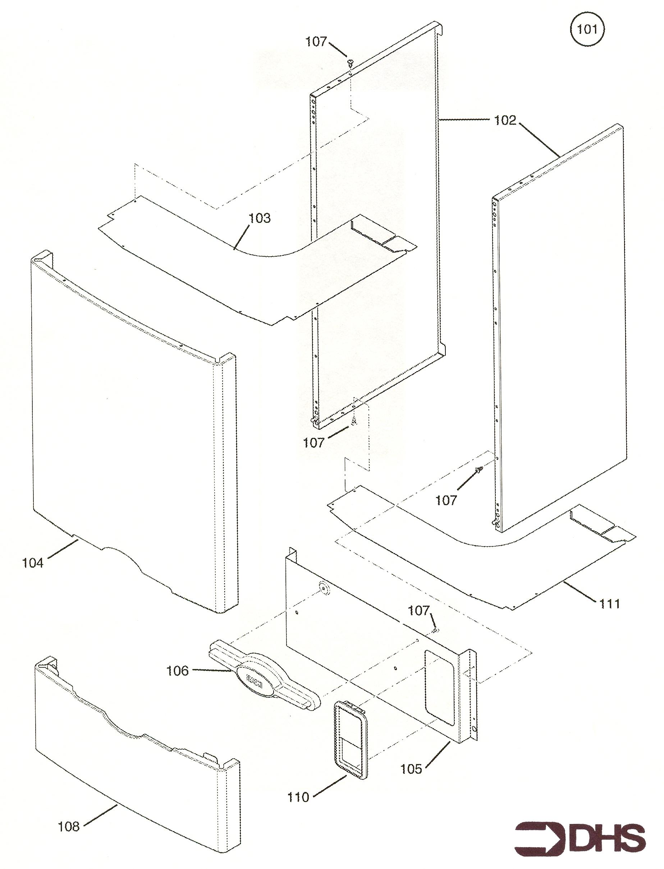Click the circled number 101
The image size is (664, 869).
coord(587,29)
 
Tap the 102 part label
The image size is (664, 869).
coord(505,120)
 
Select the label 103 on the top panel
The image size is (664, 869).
coord(259,218)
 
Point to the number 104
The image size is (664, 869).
coord(32,563)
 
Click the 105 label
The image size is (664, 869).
coord(411,769)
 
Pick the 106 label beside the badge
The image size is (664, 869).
coord(178,670)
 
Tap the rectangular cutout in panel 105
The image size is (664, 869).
coord(439,687)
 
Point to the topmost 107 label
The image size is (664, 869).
coord(316,41)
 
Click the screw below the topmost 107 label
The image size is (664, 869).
coord(350,62)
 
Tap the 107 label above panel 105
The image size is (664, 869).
coord(418,611)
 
